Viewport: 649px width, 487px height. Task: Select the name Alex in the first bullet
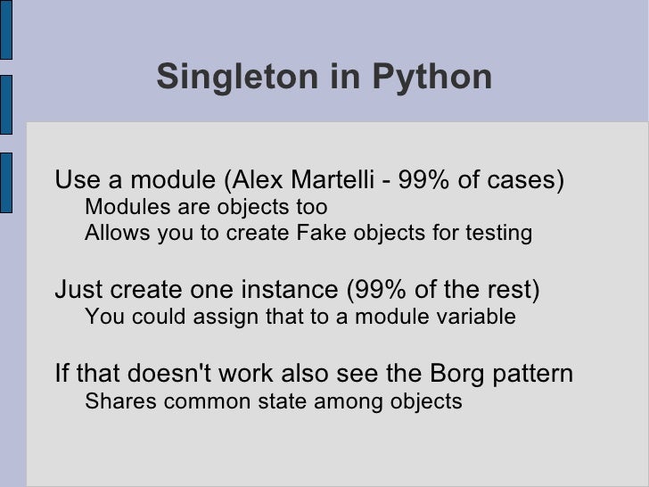coord(255,181)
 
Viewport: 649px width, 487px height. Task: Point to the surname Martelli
coord(331,181)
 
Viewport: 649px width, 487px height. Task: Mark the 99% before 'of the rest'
coord(376,291)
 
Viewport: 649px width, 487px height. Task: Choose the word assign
coord(226,318)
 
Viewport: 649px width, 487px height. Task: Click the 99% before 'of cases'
coord(428,181)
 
